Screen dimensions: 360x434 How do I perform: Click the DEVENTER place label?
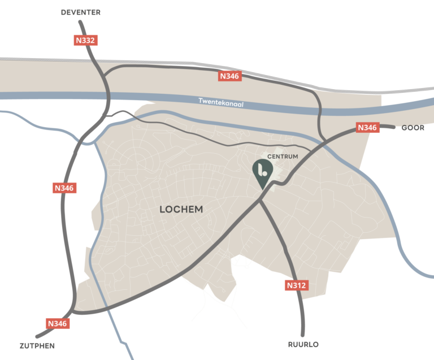[81, 12]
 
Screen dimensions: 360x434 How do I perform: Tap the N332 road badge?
[86, 40]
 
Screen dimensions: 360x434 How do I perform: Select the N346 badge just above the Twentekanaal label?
[230, 76]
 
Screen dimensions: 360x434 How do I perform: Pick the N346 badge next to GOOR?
[367, 128]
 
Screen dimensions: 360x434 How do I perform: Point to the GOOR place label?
[413, 128]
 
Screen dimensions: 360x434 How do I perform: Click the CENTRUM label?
[283, 156]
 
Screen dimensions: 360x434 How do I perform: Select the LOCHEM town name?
[181, 210]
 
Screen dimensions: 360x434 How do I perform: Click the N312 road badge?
[296, 285]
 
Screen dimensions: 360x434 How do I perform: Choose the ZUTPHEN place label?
[37, 345]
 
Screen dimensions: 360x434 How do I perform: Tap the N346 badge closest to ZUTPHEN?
[57, 324]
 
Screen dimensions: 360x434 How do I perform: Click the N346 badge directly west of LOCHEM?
[65, 188]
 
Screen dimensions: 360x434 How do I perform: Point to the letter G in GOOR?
[404, 128]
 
